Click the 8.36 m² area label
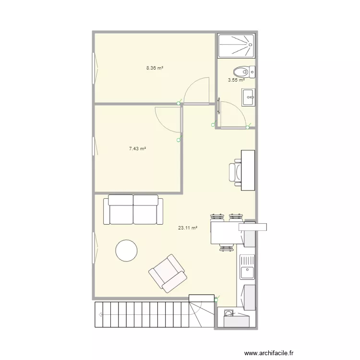pyautogui.click(x=155, y=68)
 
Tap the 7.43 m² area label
pyautogui.click(x=137, y=149)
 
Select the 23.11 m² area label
pyautogui.click(x=188, y=228)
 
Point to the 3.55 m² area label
pyautogui.click(x=236, y=80)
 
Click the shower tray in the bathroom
pyautogui.click(x=236, y=46)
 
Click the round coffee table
pyautogui.click(x=127, y=250)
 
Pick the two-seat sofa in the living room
pyautogui.click(x=133, y=209)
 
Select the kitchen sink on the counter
pyautogui.click(x=247, y=267)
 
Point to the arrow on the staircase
pyautogui.click(x=100, y=315)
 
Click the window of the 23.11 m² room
pyautogui.click(x=94, y=248)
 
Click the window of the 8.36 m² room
pyautogui.click(x=94, y=68)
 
